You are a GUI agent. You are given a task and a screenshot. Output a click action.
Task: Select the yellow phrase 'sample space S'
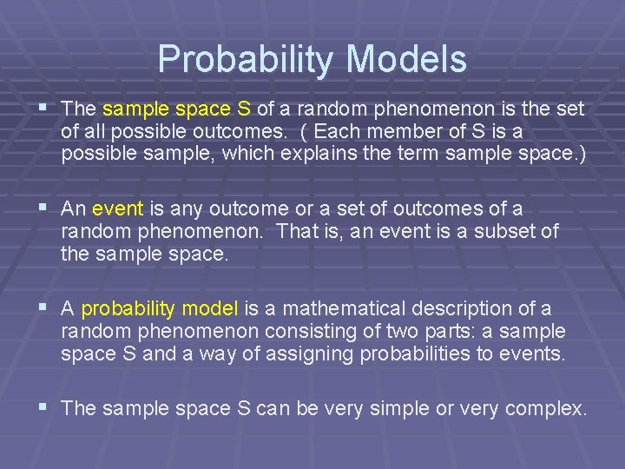pyautogui.click(x=177, y=109)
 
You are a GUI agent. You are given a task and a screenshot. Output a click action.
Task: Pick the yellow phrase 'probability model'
pyautogui.click(x=160, y=309)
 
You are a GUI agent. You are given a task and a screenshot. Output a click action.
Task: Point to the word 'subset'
pyautogui.click(x=512, y=232)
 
